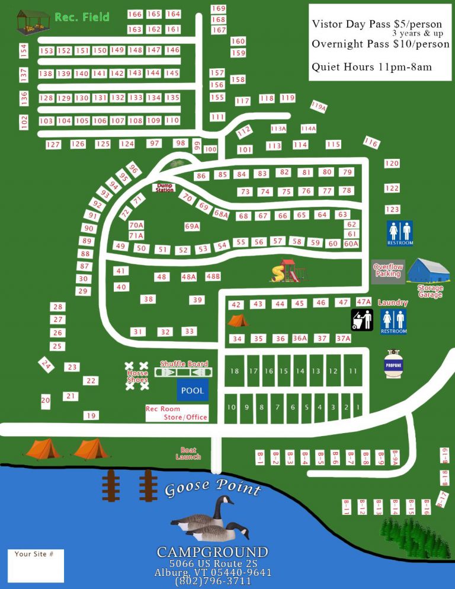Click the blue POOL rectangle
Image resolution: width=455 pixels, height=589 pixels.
(x=192, y=390)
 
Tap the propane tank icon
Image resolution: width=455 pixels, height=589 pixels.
(x=394, y=364)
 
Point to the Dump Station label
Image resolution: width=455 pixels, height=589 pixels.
(x=165, y=188)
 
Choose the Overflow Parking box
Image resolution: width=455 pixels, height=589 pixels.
(x=388, y=271)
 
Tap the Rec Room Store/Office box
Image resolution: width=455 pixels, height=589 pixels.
(x=177, y=413)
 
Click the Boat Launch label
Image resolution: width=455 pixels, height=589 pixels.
(x=188, y=453)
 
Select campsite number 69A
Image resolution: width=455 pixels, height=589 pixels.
(x=192, y=226)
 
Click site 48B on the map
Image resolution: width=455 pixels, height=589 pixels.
(x=213, y=276)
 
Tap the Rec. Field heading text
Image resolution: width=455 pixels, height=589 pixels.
(x=82, y=17)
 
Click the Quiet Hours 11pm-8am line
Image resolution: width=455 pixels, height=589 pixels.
(x=371, y=67)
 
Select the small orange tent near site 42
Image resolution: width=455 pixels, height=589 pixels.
(x=238, y=321)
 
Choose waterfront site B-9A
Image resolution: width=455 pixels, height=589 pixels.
(x=395, y=457)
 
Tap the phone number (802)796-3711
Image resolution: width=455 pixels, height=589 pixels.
(x=213, y=581)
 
